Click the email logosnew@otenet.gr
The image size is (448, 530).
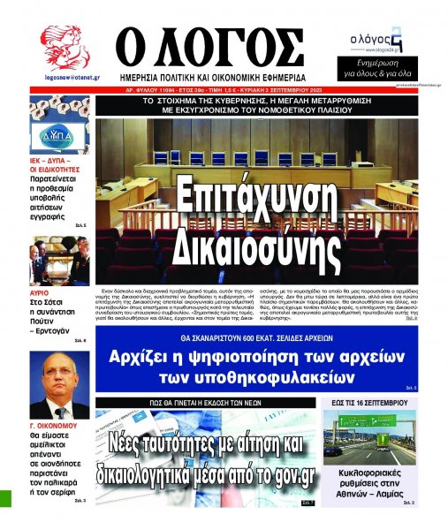click(x=65, y=76)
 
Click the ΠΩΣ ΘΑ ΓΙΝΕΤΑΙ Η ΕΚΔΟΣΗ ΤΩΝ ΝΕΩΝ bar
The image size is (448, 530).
click(x=208, y=403)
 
